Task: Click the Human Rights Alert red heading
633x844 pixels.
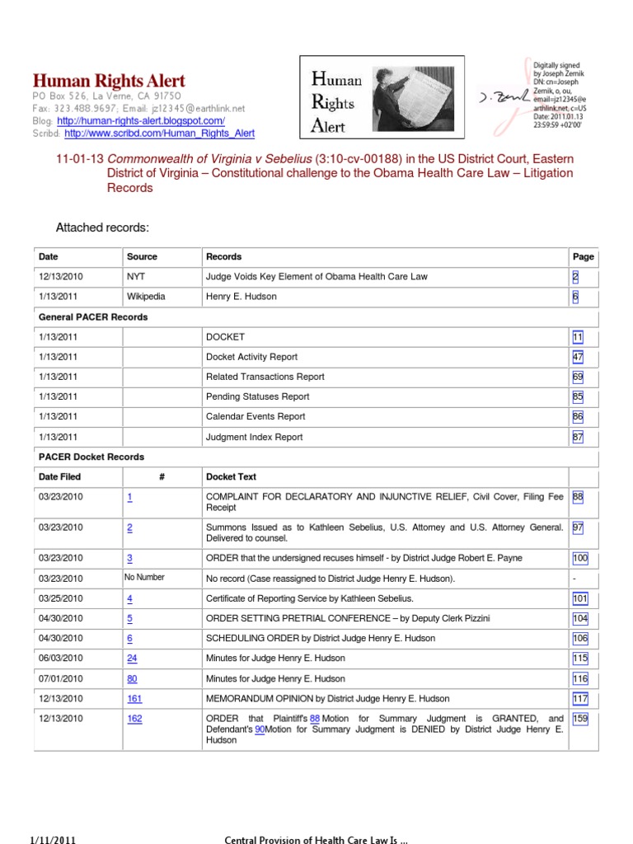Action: click(x=109, y=81)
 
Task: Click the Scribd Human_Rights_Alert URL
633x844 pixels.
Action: click(x=159, y=133)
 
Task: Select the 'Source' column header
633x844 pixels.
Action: click(x=142, y=256)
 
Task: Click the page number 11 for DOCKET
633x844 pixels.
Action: click(x=577, y=337)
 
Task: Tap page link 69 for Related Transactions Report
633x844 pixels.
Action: click(x=577, y=377)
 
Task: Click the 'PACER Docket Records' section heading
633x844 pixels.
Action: click(x=91, y=457)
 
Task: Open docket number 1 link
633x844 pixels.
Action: click(x=130, y=497)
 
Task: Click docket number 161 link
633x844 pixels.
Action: click(x=134, y=698)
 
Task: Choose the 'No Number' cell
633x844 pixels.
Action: click(x=144, y=578)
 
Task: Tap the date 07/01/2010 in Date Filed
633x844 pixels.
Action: click(x=60, y=678)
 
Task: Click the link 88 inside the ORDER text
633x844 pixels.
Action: click(x=315, y=719)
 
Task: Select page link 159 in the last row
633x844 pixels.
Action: click(x=580, y=719)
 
